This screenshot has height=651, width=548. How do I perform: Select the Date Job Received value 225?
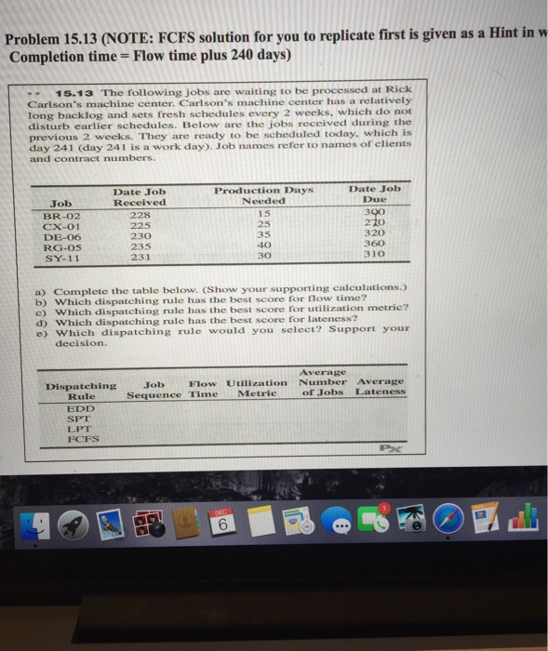(x=139, y=224)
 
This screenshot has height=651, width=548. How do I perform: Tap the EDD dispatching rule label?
(x=81, y=408)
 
